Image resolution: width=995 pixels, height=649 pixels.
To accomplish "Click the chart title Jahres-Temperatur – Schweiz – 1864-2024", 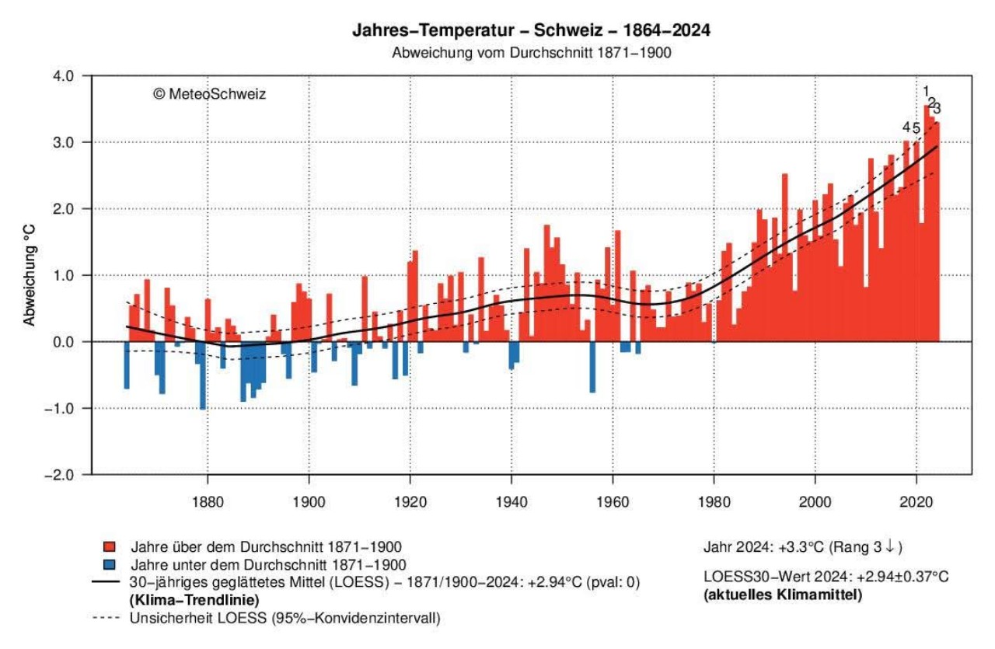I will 531,31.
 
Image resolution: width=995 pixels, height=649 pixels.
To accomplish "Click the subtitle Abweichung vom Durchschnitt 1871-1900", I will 531,53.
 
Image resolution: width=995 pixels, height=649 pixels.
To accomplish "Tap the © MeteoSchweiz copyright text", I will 209,94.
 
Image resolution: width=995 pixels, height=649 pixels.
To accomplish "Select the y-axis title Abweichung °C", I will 29,275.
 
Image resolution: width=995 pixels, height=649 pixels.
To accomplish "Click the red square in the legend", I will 110,546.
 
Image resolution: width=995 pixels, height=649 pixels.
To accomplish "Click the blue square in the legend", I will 110,564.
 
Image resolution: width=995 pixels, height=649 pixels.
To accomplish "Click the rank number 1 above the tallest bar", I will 926,92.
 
